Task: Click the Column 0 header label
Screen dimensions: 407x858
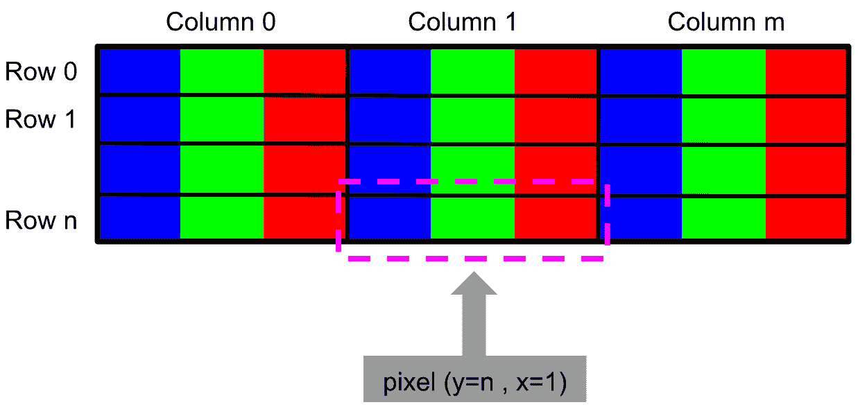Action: pyautogui.click(x=221, y=22)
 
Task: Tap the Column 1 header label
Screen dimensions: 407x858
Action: pyautogui.click(x=462, y=22)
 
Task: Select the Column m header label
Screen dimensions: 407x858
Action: pyautogui.click(x=726, y=22)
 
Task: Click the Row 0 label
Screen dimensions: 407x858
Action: pyautogui.click(x=41, y=71)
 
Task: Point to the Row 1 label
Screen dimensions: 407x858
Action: pyautogui.click(x=41, y=119)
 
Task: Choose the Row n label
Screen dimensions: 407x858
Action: pyautogui.click(x=41, y=220)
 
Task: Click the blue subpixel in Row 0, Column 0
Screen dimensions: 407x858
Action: pyautogui.click(x=140, y=71)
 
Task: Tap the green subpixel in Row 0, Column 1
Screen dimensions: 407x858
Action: pyautogui.click(x=472, y=71)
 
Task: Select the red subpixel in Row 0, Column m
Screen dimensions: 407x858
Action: pyautogui.click(x=805, y=71)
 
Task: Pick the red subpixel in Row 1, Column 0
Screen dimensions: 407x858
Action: pyautogui.click(x=304, y=120)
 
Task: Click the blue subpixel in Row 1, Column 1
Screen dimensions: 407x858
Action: pyautogui.click(x=390, y=120)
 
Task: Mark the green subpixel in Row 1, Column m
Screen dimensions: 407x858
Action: pyautogui.click(x=723, y=120)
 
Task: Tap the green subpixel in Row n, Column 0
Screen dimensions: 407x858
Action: pyautogui.click(x=221, y=218)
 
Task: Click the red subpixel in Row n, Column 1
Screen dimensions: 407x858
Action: pyautogui.click(x=555, y=218)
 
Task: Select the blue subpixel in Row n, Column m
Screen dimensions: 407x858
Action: pyautogui.click(x=642, y=218)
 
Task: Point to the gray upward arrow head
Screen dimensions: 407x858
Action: pyautogui.click(x=474, y=284)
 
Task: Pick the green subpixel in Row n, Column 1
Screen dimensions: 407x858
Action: pyautogui.click(x=472, y=218)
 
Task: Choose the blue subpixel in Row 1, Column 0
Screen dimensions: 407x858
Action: pyautogui.click(x=140, y=120)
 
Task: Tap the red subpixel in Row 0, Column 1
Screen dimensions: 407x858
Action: pyautogui.click(x=555, y=71)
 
